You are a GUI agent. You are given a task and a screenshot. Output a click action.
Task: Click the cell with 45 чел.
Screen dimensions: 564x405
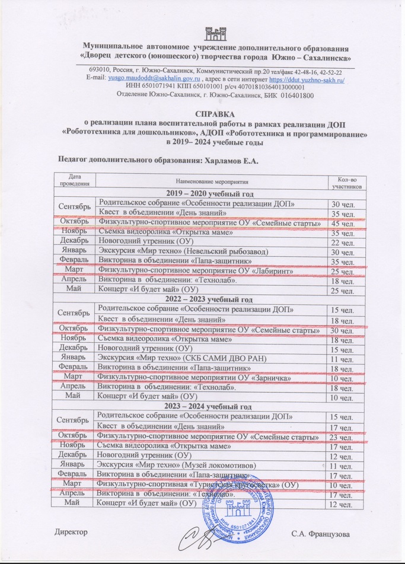click(x=343, y=224)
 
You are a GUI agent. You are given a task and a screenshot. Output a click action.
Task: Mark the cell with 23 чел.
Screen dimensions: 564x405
click(x=343, y=438)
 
